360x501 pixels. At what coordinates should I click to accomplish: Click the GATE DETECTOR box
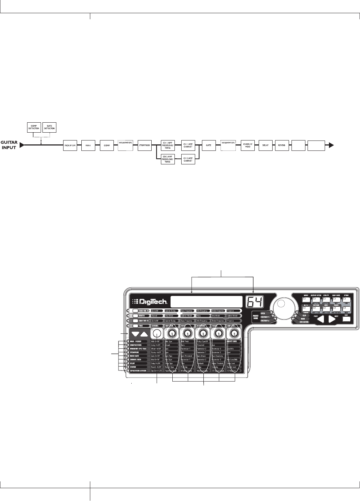pos(49,127)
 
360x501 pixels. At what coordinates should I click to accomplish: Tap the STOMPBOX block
pos(144,145)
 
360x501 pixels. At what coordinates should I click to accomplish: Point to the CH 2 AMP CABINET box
pos(188,159)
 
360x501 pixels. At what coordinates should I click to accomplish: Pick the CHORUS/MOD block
pos(248,145)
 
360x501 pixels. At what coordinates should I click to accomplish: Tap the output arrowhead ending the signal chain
pos(331,145)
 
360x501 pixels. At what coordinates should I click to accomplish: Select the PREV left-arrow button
pos(321,319)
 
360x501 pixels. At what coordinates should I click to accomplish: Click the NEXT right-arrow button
pos(332,319)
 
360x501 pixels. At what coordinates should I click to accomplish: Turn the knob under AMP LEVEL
pos(234,333)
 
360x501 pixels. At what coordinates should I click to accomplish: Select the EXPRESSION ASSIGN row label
pos(138,371)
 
